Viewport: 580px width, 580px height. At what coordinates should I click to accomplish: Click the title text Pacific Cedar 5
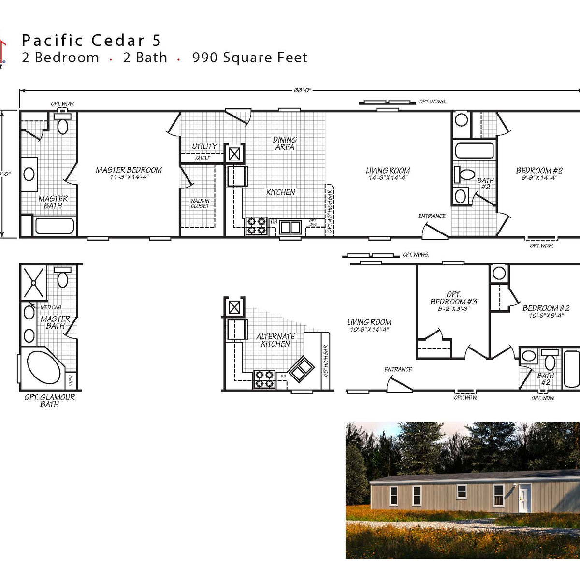(91, 41)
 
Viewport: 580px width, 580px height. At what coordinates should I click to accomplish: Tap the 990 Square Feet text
(249, 58)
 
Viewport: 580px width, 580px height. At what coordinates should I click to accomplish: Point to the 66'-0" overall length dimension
(303, 90)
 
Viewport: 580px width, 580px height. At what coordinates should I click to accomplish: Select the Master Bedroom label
(129, 173)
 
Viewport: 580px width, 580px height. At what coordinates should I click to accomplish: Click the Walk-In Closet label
(200, 203)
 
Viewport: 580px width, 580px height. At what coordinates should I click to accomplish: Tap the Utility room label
(204, 146)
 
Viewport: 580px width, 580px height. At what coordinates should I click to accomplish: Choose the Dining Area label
(285, 143)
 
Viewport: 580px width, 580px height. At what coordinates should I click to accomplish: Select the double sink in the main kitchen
(290, 227)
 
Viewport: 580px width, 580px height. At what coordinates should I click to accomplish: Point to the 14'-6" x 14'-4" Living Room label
(388, 174)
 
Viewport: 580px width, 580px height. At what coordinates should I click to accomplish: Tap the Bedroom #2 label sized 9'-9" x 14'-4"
(539, 174)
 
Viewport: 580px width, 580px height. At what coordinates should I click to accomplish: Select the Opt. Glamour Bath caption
(50, 400)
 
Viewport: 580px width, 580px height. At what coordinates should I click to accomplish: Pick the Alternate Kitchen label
(275, 340)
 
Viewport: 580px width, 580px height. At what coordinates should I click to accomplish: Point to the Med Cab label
(51, 307)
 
